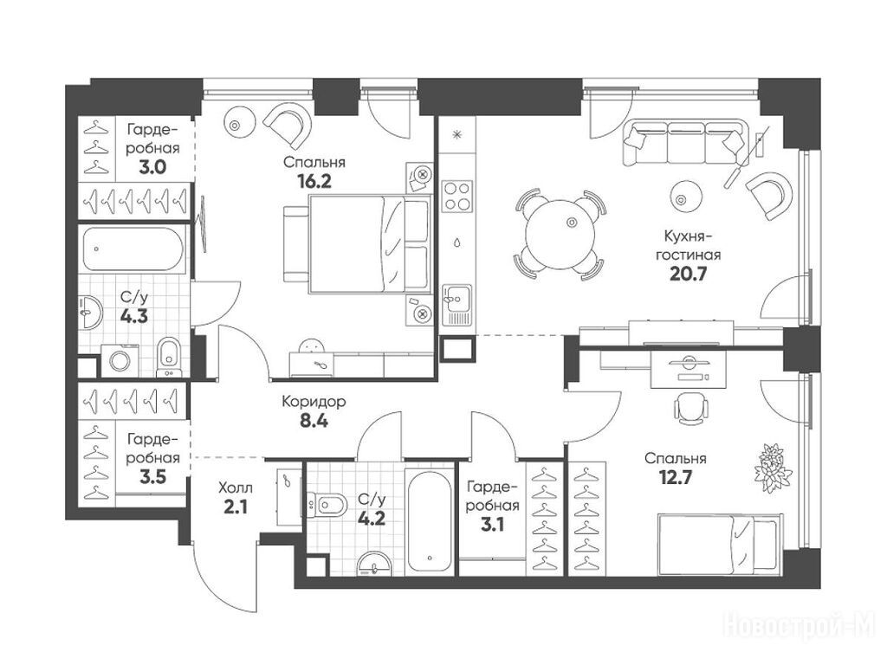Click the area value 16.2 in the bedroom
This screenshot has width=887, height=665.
pos(314,182)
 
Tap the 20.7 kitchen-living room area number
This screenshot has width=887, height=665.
pos(689,274)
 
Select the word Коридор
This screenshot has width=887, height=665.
pos(314,402)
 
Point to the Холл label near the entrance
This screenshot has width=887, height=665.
pos(235,487)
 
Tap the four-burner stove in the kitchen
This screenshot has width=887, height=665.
pos(456,196)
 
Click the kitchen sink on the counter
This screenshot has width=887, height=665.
pos(456,305)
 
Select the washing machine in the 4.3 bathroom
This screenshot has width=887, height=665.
pos(120,361)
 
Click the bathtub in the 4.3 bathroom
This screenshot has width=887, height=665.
pos(133,249)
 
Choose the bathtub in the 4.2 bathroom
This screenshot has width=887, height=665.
pos(431,520)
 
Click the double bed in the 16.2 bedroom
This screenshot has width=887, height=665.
pos(356,244)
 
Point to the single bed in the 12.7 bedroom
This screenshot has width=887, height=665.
pos(721,543)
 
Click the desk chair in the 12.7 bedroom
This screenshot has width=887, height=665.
pos(690,408)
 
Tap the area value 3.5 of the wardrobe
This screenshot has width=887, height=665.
pos(153,477)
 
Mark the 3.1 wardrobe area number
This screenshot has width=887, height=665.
pos(492,526)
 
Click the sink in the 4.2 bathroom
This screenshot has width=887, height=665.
pos(373,563)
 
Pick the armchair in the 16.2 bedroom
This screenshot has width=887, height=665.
pos(288,126)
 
